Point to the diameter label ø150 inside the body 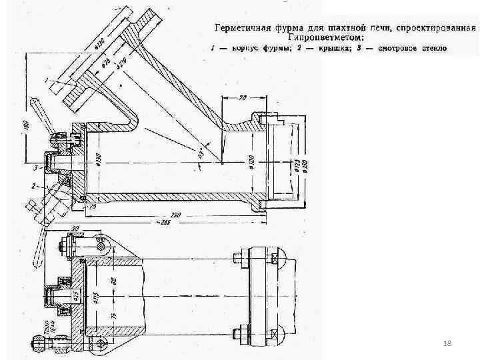click(x=98, y=160)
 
